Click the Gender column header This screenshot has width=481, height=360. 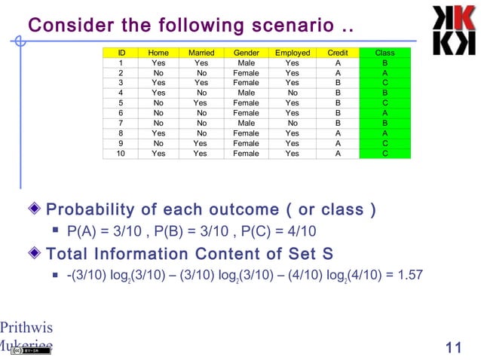[x=246, y=53]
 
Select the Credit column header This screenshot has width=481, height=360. [x=338, y=53]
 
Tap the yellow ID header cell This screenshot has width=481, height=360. [x=121, y=53]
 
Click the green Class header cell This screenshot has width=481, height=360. [x=384, y=53]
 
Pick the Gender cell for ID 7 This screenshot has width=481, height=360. [x=246, y=124]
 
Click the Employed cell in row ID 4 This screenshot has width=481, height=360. [x=293, y=93]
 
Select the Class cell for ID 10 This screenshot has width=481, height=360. [x=384, y=154]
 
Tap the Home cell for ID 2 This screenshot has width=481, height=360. [x=158, y=74]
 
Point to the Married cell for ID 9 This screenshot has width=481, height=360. [x=201, y=143]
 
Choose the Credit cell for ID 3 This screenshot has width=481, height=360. [x=338, y=84]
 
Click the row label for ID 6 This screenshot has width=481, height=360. [x=121, y=113]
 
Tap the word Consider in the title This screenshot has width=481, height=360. [x=66, y=26]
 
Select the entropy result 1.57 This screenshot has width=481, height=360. [x=410, y=275]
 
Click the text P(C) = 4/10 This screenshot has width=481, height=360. [x=286, y=230]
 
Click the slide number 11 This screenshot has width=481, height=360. [x=453, y=347]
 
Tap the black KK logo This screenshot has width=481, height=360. [x=453, y=29]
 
